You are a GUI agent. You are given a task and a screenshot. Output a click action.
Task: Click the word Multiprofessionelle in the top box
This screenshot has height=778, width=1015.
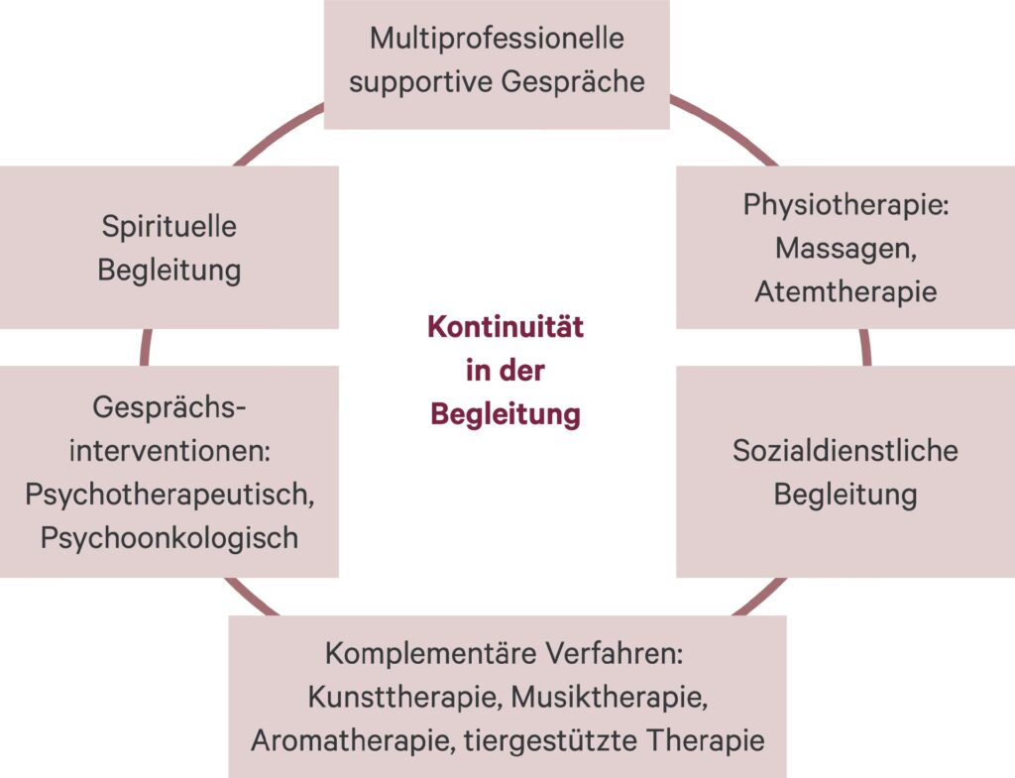[497, 40]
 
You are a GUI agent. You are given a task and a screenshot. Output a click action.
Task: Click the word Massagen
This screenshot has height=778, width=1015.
[845, 248]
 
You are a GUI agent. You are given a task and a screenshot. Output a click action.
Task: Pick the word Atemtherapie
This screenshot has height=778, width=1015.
[846, 290]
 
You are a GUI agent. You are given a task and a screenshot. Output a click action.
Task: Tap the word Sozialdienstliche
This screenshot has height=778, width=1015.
[846, 451]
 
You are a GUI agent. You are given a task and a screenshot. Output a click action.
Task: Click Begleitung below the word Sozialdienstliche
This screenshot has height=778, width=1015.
[846, 494]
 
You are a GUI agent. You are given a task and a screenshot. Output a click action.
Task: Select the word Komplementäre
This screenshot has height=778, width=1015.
[416, 654]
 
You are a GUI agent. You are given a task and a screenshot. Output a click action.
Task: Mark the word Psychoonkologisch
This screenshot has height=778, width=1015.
[169, 537]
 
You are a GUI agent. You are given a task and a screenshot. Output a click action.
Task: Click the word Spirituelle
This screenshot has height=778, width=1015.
[169, 226]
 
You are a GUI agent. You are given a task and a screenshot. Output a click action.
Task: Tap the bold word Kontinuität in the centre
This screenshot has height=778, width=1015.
[506, 328]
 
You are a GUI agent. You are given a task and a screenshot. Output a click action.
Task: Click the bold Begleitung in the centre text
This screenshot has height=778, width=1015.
[506, 413]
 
